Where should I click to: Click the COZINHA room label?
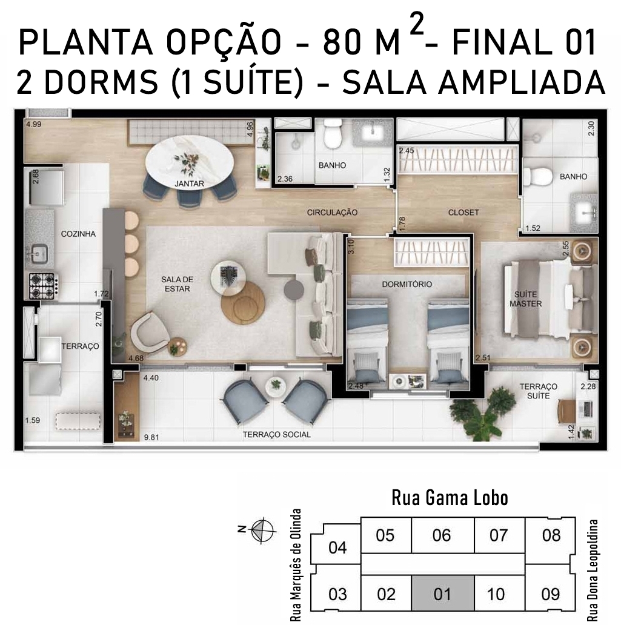pos(78,234)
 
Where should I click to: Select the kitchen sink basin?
pos(38,254)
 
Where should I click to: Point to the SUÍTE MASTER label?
pos(526,299)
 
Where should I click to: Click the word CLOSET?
pos(463,213)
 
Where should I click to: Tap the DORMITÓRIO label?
pos(407,284)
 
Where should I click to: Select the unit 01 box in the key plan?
pos(443,593)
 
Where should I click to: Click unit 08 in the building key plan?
pos(550,535)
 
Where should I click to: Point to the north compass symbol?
pos(262,530)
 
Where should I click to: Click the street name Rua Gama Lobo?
pos(450,498)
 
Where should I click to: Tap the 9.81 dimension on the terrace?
pos(151,437)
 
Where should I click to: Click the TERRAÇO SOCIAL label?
pos(277,434)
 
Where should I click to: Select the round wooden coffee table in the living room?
pos(243,303)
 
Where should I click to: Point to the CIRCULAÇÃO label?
pos(332,213)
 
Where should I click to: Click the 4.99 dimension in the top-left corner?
pos(34,124)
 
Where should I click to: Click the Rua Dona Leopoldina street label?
pos(593,570)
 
